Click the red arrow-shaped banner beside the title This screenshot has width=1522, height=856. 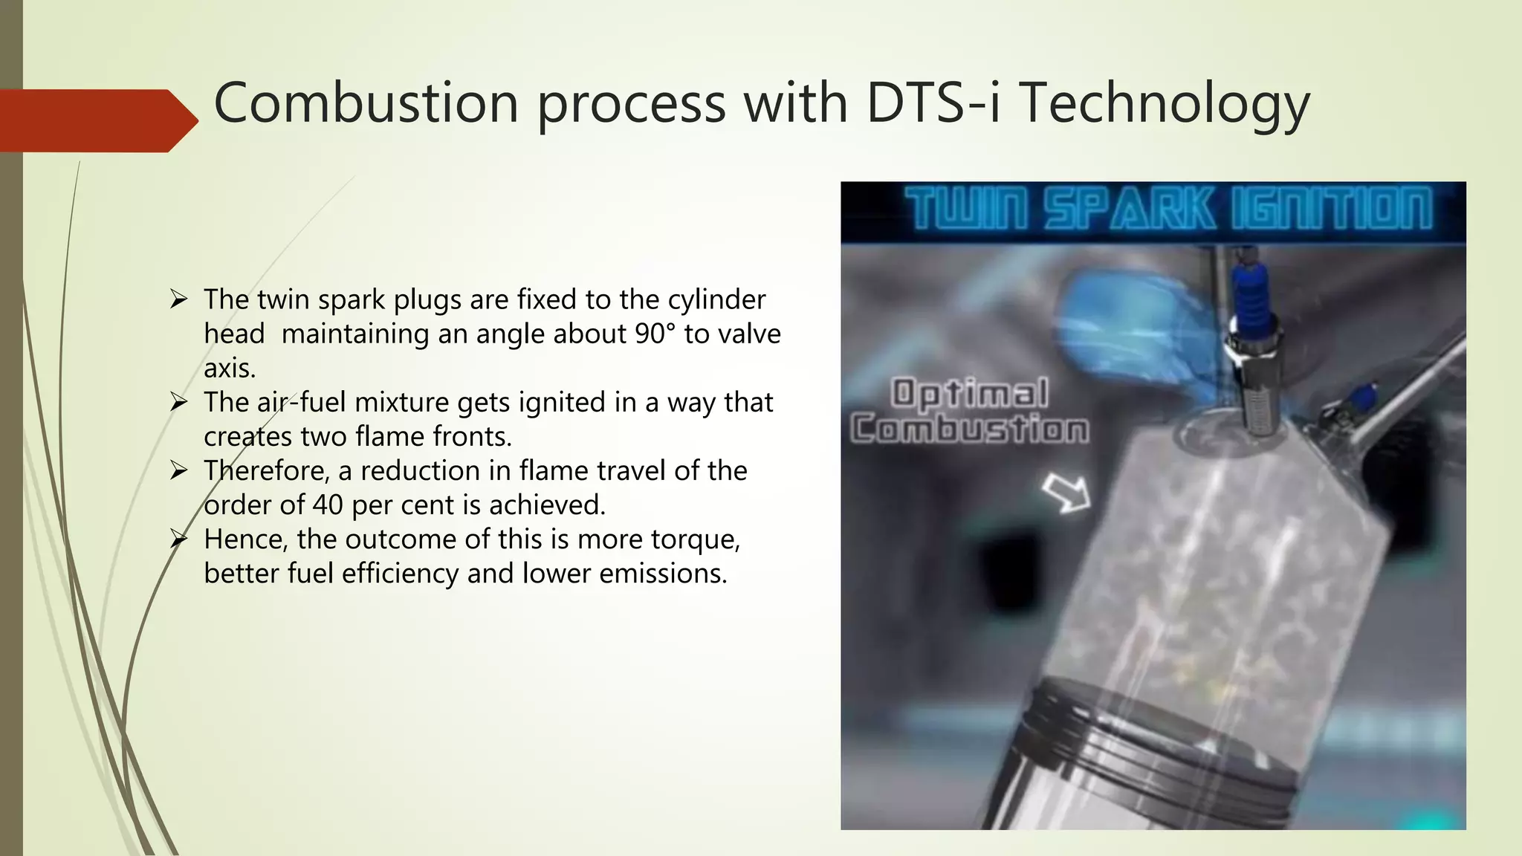(97, 120)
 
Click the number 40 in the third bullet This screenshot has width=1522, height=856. (328, 505)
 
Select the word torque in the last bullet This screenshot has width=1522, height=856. (695, 539)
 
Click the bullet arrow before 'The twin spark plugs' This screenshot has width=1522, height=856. (178, 299)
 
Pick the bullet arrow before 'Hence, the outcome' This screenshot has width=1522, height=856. (178, 539)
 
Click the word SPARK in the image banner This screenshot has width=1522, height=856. (1129, 209)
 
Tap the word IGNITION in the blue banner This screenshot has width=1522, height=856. (1330, 209)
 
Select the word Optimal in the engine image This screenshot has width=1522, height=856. (969, 394)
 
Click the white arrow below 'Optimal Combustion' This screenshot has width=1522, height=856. (1066, 493)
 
